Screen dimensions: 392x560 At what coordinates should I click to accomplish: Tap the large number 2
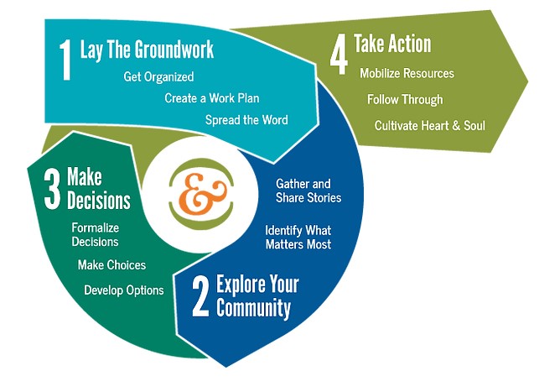tap(200, 298)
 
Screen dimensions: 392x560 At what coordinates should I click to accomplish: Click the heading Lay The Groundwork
tap(147, 50)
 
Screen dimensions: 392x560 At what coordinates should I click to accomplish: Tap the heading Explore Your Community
tap(257, 295)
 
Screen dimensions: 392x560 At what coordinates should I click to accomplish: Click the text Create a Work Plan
tap(205, 97)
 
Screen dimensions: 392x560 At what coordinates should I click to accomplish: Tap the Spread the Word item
tap(246, 119)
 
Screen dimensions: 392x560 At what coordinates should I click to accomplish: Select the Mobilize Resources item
tap(407, 73)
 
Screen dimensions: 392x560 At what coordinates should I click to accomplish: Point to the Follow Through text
tap(405, 99)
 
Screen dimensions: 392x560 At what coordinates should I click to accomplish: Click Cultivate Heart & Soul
tap(430, 126)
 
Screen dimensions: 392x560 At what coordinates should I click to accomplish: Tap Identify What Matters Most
tap(298, 237)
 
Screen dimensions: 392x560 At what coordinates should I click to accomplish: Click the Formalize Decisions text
tap(96, 234)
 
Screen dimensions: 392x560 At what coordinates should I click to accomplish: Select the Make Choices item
tap(111, 264)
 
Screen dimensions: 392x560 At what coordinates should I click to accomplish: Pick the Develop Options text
tap(124, 290)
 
